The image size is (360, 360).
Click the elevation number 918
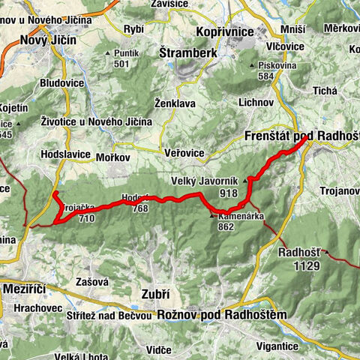tap(229, 193)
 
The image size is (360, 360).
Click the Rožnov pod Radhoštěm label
tap(222, 315)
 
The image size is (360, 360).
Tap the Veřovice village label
tap(184, 152)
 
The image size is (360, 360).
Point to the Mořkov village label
tap(113, 157)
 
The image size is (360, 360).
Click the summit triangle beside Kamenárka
tap(211, 216)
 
